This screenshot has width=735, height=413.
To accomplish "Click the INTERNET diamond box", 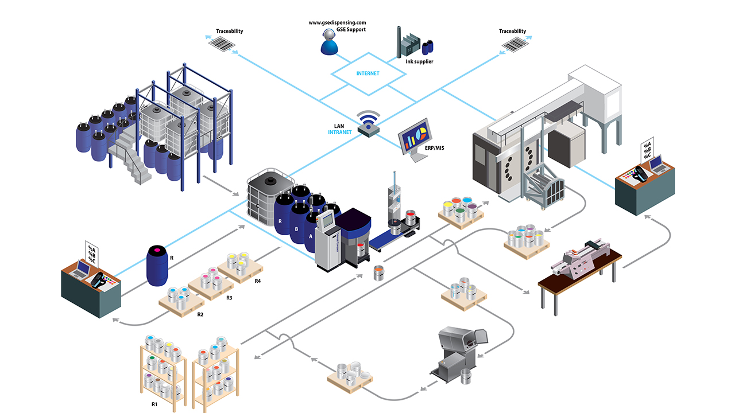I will [367, 73].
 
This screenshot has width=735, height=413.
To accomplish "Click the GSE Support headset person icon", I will [328, 42].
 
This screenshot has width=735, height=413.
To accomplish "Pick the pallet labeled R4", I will [241, 264].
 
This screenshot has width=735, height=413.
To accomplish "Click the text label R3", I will [229, 298].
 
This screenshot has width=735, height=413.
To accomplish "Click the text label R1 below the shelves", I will [154, 404].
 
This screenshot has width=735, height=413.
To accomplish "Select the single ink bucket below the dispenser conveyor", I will [378, 272].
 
